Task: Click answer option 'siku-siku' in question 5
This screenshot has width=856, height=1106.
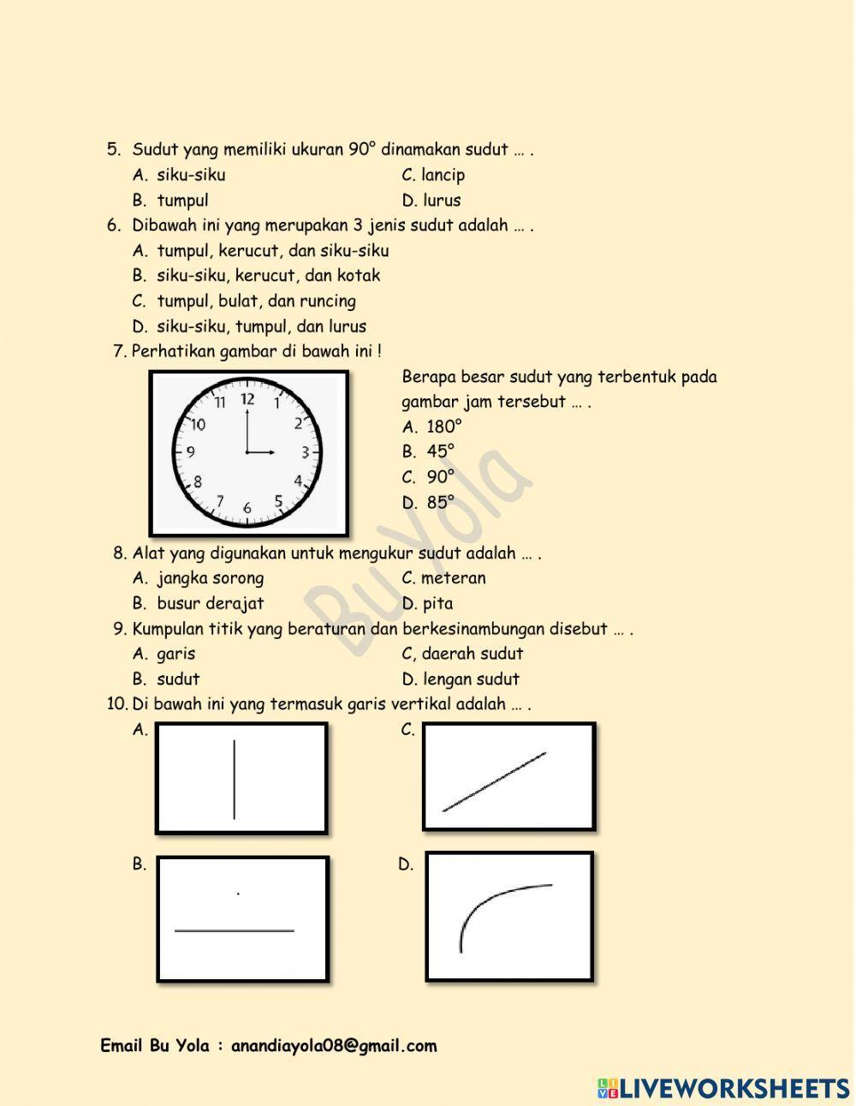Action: pyautogui.click(x=190, y=175)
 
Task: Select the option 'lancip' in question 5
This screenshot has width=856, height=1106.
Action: pyautogui.click(x=443, y=175)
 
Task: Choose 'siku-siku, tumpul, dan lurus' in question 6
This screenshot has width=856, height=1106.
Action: pyautogui.click(x=261, y=326)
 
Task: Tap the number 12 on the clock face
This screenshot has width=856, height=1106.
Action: pyautogui.click(x=247, y=398)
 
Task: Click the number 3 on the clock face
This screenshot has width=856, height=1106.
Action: pyautogui.click(x=304, y=451)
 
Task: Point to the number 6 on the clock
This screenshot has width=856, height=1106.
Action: pyautogui.click(x=247, y=507)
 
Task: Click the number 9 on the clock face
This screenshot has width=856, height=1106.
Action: pyautogui.click(x=190, y=451)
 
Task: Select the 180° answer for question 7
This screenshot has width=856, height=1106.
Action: pyautogui.click(x=443, y=427)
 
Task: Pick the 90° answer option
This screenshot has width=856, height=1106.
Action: pyautogui.click(x=440, y=477)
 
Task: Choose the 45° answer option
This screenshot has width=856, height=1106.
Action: pyautogui.click(x=440, y=451)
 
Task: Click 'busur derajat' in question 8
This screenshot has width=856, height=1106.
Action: pyautogui.click(x=210, y=603)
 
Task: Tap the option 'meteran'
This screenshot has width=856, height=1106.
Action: pyautogui.click(x=453, y=578)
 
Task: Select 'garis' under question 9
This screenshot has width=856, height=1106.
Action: pyautogui.click(x=175, y=654)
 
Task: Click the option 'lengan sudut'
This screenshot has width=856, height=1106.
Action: pyautogui.click(x=471, y=679)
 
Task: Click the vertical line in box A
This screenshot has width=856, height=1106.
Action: pyautogui.click(x=235, y=780)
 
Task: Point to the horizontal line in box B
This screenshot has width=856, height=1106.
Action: pyautogui.click(x=234, y=930)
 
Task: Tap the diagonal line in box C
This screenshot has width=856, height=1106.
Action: pyautogui.click(x=494, y=781)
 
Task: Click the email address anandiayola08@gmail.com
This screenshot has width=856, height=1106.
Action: pyautogui.click(x=334, y=1046)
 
